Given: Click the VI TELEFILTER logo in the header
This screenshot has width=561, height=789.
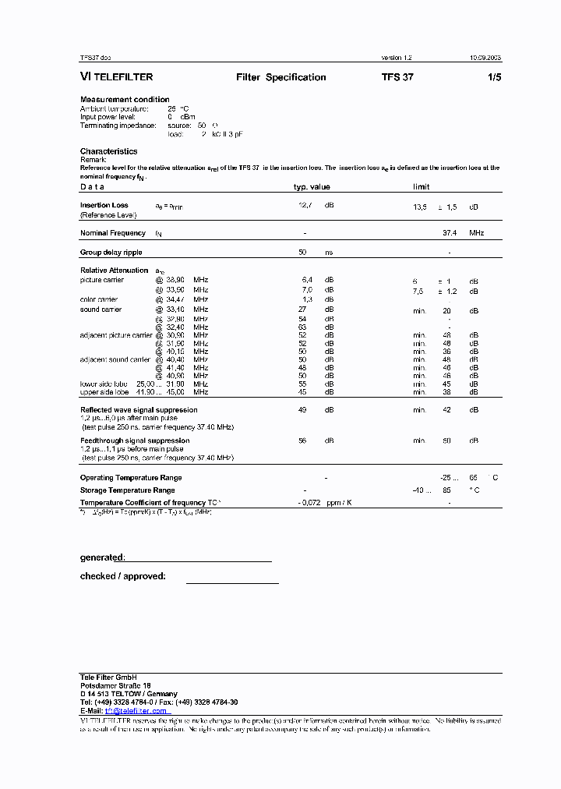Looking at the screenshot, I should pos(117,77).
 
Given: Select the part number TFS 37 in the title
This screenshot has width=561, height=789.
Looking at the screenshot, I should pos(397,77).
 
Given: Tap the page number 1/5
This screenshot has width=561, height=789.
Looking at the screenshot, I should pos(494,77).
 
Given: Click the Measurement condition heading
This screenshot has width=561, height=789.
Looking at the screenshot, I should pos(125,99).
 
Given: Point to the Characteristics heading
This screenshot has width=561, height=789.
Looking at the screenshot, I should pos(108,151).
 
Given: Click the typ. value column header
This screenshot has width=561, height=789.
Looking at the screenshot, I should pos(312,187).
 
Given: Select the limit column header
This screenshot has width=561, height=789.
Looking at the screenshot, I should pos(421,187).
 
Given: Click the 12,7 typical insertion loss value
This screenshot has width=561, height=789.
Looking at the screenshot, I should pos(305,206).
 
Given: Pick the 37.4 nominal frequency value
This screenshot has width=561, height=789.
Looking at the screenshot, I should pos(450,233).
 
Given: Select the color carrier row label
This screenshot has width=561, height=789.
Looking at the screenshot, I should pos(99,299).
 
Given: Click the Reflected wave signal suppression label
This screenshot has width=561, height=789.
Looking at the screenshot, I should pos(139,409).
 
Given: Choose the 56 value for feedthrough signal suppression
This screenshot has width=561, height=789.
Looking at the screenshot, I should pos(303,440).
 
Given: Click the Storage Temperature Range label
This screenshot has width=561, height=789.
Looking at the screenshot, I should pos(127,490).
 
